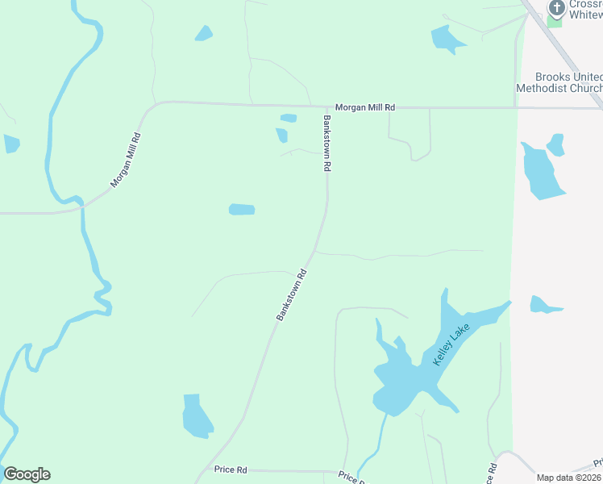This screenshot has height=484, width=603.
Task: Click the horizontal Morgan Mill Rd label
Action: pos(366,107)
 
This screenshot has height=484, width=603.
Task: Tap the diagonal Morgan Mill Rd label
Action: pos(126,160)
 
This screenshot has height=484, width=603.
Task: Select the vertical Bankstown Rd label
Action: pos(327,143)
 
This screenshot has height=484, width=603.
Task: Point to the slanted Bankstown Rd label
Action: pos(292,294)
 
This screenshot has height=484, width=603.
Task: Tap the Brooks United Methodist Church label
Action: pos(559,81)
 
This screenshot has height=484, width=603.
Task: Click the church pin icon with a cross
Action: pos(555,6)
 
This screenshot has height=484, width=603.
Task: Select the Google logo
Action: pos(27,474)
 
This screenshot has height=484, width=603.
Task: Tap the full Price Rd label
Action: pos(231,469)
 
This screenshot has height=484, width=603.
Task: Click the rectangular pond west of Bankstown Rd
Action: pos(242,210)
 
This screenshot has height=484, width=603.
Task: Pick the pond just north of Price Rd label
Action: pos(196,416)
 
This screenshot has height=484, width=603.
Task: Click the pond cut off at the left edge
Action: pos(10,144)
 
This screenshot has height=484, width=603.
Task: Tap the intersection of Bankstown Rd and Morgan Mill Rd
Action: pos(327,107)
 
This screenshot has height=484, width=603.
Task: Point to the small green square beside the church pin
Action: pos(555,20)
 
